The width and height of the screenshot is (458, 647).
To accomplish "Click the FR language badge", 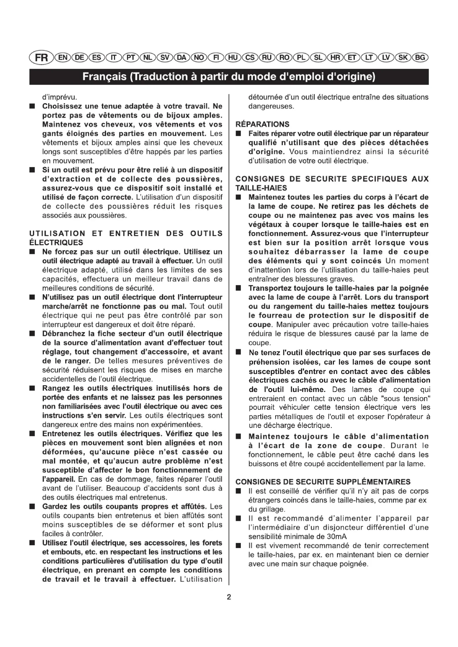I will pos(41,58).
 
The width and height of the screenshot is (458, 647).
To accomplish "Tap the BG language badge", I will pos(420,58).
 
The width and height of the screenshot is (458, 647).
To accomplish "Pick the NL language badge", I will pos(148,58).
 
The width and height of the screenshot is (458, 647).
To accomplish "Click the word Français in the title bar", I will pos(104,77).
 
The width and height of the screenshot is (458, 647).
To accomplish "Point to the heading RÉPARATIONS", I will pos(262,124).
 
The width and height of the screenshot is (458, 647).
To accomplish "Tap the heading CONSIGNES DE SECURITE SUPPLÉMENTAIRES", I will pos(323,482).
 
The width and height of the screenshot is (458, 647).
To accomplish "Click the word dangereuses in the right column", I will pos(271,106).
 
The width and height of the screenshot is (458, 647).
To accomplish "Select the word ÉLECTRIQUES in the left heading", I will pos(56,243).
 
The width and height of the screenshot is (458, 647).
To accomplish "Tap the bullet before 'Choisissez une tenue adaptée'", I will pos(32,106).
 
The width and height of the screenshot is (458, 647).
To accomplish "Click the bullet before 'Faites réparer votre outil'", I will pos(239,134).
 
